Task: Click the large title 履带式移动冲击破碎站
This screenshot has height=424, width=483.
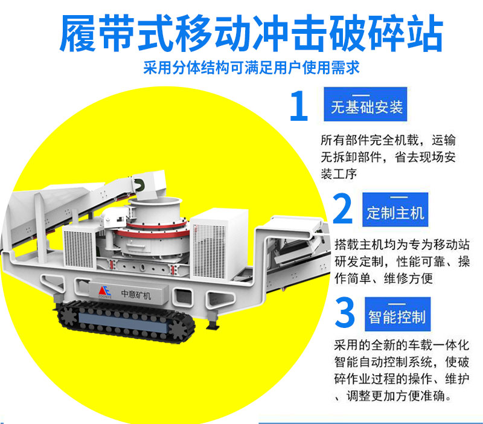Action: [251, 33]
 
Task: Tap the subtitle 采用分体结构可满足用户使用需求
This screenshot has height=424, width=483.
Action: [251, 68]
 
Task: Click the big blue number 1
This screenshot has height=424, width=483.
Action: [299, 105]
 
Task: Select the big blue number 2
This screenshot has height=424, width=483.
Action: [342, 208]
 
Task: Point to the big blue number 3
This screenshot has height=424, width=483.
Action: [345, 312]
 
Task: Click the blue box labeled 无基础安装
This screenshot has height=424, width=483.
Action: [365, 104]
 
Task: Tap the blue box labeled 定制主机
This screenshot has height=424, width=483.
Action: [395, 210]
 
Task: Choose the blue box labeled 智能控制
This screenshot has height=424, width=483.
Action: [398, 314]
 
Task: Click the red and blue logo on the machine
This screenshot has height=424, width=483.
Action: [104, 291]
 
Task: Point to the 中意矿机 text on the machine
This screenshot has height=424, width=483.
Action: [136, 295]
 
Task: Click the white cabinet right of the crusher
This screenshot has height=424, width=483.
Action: [219, 243]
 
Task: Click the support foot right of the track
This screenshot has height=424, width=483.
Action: [213, 321]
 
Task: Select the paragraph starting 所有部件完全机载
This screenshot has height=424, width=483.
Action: [388, 157]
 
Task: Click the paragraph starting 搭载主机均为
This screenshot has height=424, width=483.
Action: [402, 262]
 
